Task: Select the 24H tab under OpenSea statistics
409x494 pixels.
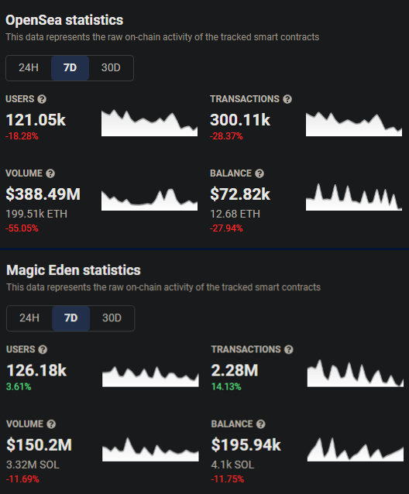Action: coord(29,67)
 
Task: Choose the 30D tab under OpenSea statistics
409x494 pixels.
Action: coord(111,67)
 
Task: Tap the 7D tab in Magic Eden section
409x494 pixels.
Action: coord(70,317)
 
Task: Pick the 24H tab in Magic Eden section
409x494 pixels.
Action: coord(29,317)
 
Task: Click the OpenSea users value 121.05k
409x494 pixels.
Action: coord(36,119)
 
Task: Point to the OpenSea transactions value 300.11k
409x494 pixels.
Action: coord(240,119)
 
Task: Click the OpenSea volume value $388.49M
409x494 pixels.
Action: coord(43,194)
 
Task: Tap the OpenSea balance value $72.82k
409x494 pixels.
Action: coord(240,194)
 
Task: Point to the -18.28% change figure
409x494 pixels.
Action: coord(22,136)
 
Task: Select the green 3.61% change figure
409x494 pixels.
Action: coord(19,386)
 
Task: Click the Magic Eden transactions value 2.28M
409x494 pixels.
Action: coord(235,370)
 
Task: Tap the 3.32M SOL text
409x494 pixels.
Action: coord(33,464)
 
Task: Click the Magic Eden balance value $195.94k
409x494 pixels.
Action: coord(246,444)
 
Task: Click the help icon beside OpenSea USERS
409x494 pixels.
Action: coord(42,99)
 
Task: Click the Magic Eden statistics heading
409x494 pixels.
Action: coord(74,270)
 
